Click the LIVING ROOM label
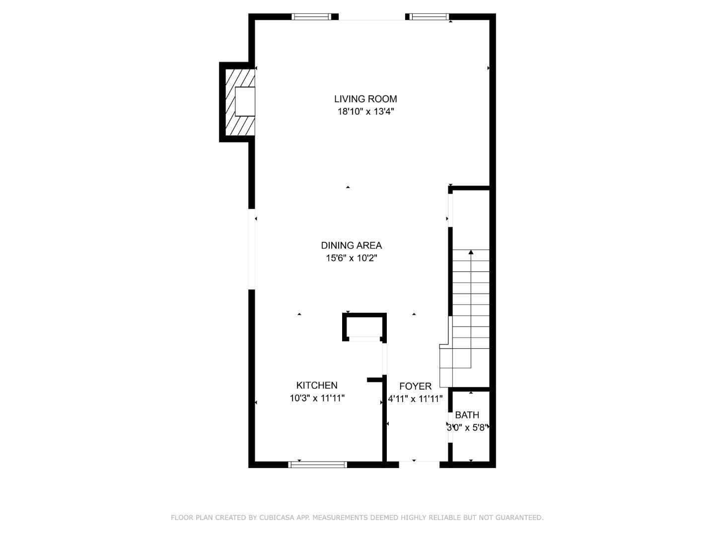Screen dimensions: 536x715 (x=365, y=99)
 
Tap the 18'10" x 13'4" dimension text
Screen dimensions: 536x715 (x=365, y=112)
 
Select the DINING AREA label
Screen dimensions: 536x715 (x=351, y=245)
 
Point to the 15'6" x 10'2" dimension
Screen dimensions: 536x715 (x=351, y=258)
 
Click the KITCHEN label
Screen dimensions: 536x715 (x=317, y=385)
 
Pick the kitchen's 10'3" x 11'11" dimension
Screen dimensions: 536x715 (x=317, y=398)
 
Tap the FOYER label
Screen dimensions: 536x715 (x=415, y=386)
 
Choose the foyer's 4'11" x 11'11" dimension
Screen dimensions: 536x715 (x=415, y=398)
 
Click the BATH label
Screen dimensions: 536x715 (x=467, y=415)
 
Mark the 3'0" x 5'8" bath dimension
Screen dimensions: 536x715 (x=467, y=427)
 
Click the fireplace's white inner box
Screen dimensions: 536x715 (x=245, y=102)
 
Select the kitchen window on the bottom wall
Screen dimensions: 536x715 (x=318, y=465)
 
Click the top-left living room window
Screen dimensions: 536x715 (x=311, y=17)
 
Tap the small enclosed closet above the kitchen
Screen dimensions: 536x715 (x=364, y=326)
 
